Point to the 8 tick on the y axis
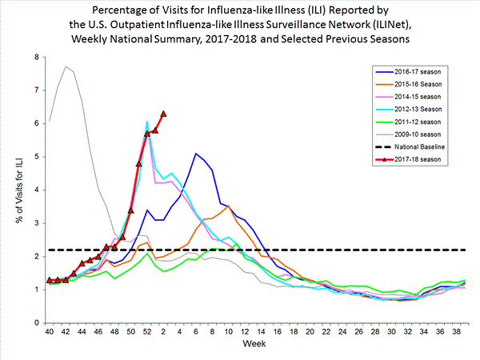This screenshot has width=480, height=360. [35, 58]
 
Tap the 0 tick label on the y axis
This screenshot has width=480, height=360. [35, 322]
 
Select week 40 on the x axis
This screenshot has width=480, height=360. [50, 330]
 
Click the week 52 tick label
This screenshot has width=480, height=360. [147, 330]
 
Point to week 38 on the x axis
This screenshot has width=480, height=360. [456, 330]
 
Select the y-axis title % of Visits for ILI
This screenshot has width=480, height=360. [14, 190]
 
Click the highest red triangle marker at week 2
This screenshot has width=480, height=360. [163, 114]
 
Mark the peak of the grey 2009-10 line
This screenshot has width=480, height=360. [66, 66]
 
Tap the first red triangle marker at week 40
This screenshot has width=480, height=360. [50, 280]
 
